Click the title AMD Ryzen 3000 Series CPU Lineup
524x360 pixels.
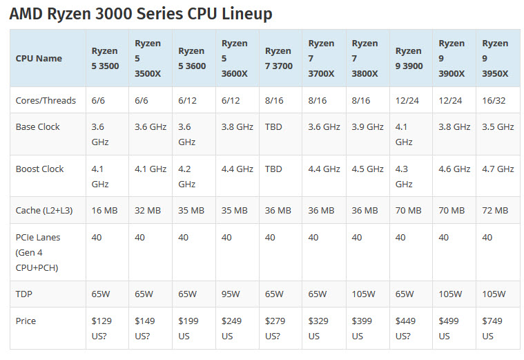(x=141, y=14)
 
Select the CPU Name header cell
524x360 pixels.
(x=39, y=58)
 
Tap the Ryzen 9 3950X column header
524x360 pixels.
(x=495, y=58)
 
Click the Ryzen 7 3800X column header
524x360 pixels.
(x=365, y=58)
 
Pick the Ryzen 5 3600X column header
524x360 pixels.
(x=235, y=58)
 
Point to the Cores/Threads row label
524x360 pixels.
(x=46, y=100)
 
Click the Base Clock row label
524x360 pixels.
(x=38, y=127)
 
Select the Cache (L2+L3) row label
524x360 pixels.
(x=46, y=210)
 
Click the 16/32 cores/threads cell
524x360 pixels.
(x=494, y=100)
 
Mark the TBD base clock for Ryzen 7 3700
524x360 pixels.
(x=274, y=127)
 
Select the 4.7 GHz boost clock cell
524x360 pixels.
(x=498, y=169)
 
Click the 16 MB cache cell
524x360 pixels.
(x=104, y=210)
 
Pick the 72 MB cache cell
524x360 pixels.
(x=495, y=210)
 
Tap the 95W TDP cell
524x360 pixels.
(x=231, y=294)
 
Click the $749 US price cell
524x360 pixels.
(x=493, y=328)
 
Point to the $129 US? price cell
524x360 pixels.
(x=103, y=328)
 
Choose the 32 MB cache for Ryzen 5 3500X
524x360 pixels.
(x=148, y=210)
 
